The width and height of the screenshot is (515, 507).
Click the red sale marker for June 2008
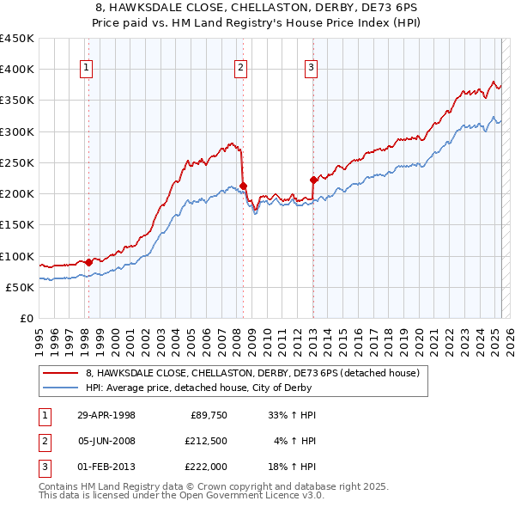point(243,186)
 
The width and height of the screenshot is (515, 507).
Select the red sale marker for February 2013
point(312,180)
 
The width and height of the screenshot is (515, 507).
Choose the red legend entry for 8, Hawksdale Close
point(252,373)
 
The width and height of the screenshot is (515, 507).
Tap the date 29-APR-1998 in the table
point(106,415)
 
